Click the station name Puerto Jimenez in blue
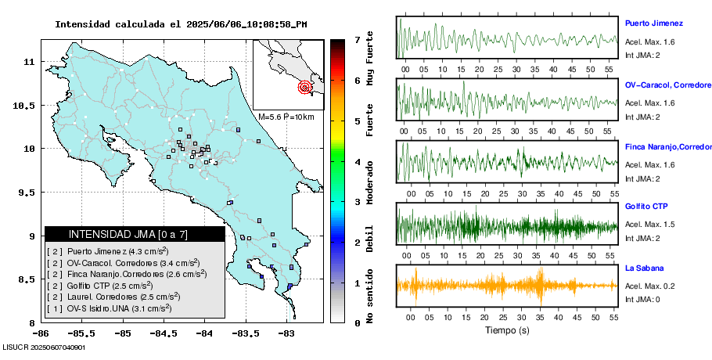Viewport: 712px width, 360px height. (x=654, y=23)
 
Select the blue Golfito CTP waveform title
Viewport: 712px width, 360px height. (x=645, y=207)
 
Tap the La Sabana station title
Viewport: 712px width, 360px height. (x=644, y=268)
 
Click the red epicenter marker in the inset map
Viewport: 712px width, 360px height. (x=305, y=88)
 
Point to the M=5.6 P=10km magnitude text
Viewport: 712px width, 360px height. (x=286, y=117)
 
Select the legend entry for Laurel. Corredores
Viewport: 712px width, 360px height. (x=113, y=297)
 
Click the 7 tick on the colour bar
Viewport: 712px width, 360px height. (x=357, y=39)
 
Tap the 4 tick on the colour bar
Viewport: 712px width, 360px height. (x=357, y=162)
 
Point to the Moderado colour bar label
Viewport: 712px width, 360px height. (x=370, y=177)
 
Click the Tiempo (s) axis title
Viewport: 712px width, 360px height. (x=507, y=330)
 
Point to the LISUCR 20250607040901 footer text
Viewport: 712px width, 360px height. (x=44, y=347)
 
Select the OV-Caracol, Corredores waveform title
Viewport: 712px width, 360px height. (x=667, y=85)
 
